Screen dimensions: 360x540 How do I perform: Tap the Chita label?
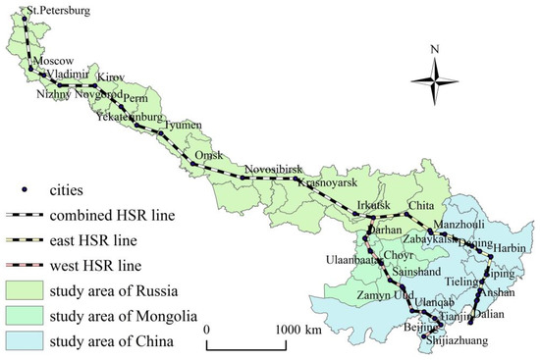point(420,205)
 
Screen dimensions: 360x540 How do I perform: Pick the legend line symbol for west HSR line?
point(30,265)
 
